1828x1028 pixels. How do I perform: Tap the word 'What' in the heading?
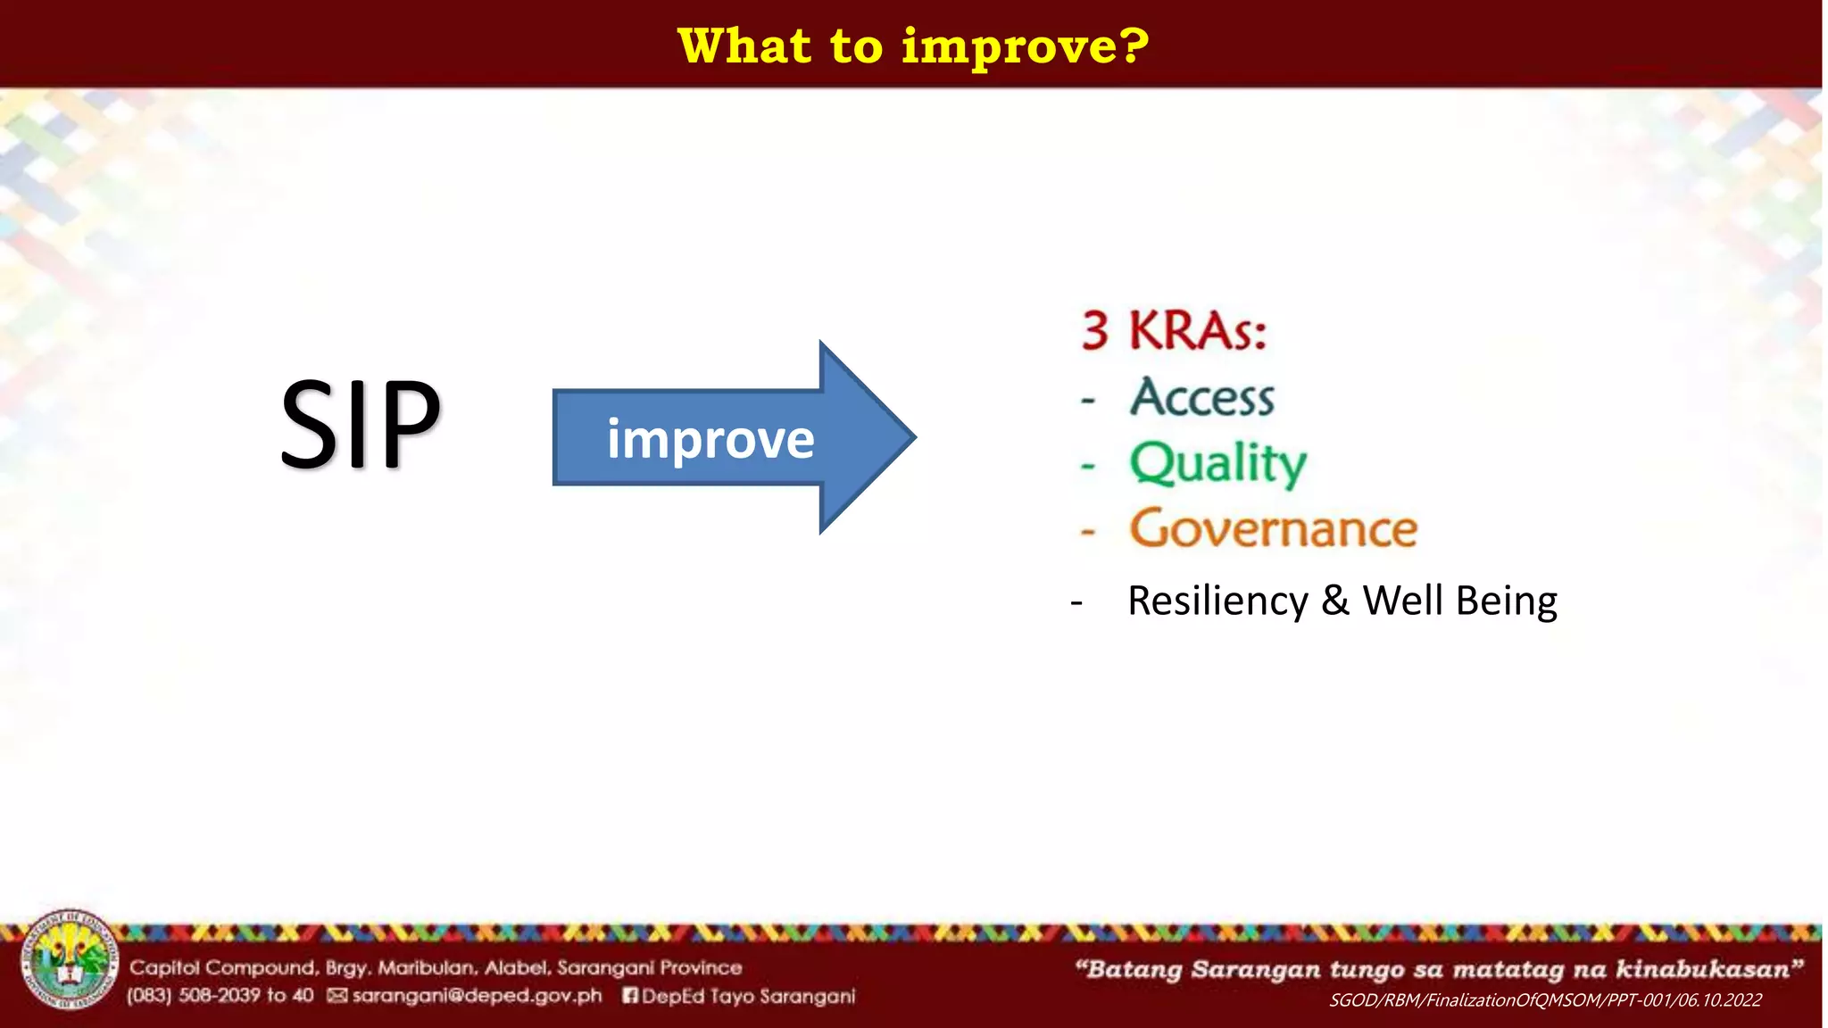[744, 46]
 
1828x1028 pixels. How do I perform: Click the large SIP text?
[361, 423]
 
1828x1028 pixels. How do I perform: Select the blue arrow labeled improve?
[734, 437]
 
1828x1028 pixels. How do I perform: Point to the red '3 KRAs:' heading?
[1174, 330]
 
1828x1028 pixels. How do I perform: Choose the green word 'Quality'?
[1218, 464]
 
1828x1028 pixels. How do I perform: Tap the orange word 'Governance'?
[1274, 527]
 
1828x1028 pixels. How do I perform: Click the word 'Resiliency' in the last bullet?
[1217, 602]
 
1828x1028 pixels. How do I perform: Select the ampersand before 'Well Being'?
[1335, 601]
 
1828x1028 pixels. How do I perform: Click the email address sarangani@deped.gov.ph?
[477, 996]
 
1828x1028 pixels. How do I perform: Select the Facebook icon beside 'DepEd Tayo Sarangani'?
[630, 995]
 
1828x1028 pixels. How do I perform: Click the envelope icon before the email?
[337, 995]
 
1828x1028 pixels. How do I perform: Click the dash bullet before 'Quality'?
[1088, 466]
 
